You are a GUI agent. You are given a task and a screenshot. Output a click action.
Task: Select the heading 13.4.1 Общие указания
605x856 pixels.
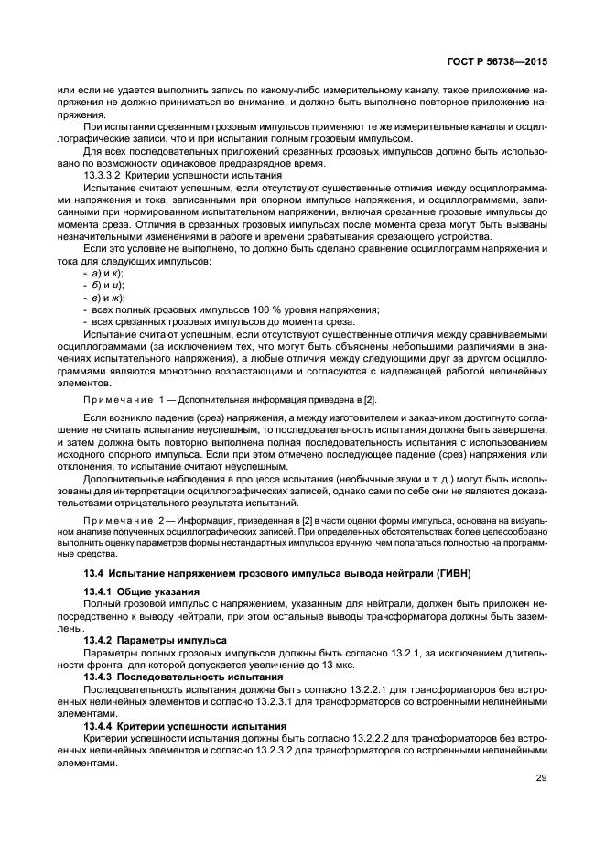point(141,591)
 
